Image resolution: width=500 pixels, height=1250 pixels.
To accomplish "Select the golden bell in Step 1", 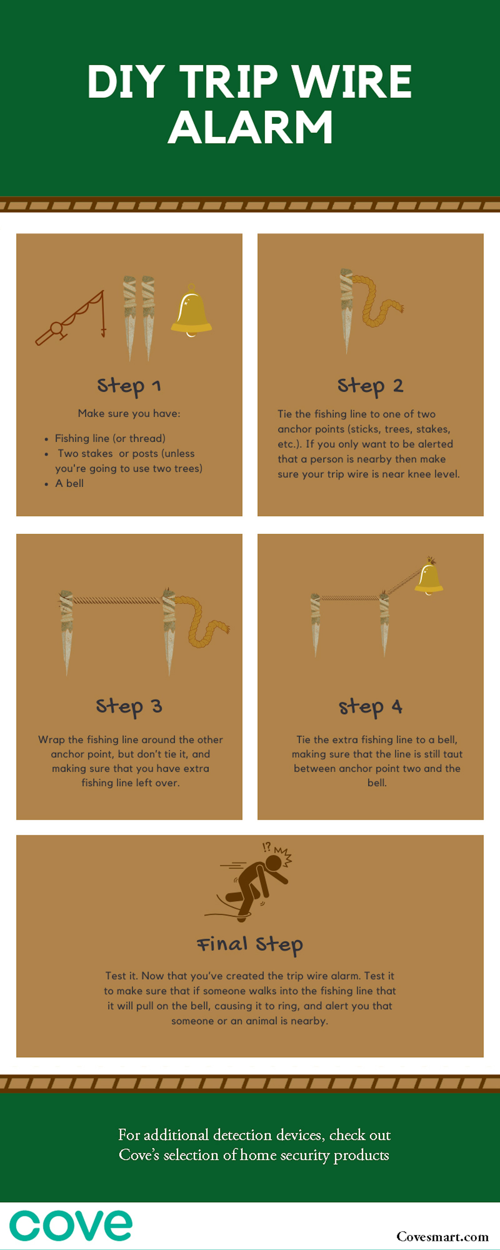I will pos(191,311).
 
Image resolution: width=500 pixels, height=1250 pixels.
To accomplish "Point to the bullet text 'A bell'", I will pos(69,483).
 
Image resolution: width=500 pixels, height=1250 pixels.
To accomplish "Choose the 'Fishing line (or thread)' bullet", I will pos(110,438).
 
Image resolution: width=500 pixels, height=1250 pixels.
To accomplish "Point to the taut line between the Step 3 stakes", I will pos(117,600).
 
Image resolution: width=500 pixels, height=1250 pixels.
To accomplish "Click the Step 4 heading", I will pos(370,707).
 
